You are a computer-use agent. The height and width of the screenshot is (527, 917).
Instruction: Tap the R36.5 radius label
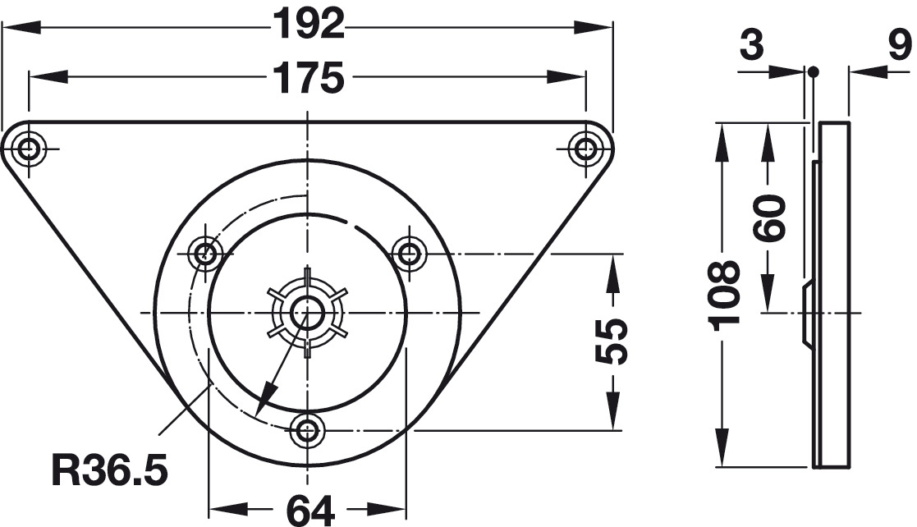tap(109, 470)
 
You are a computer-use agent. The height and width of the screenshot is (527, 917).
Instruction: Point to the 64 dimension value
tap(309, 511)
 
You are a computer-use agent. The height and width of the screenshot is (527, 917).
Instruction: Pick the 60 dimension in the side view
tap(768, 218)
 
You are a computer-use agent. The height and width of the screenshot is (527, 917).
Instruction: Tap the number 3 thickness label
tap(751, 45)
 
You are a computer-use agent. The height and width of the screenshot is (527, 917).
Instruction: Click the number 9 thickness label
tap(900, 45)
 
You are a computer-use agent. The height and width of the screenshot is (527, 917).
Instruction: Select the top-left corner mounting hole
tap(27, 149)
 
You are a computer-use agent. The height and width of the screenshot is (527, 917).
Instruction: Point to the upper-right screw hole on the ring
tap(408, 254)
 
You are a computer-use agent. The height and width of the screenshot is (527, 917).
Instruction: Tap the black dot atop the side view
tap(814, 72)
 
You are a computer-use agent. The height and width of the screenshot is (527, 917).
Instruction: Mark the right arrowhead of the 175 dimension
tap(566, 76)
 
